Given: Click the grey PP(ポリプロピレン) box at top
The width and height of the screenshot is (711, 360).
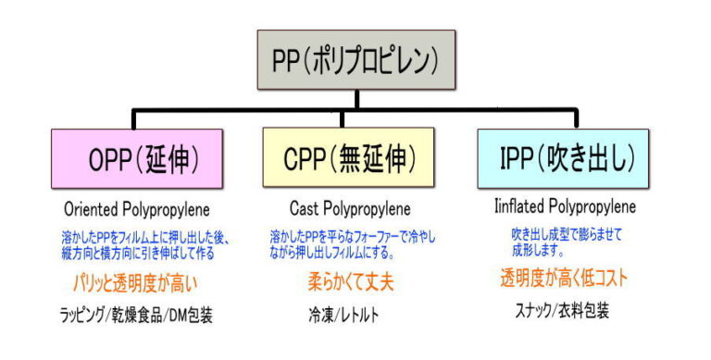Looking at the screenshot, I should [x=356, y=60].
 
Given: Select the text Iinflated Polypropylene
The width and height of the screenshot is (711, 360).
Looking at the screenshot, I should [x=566, y=206].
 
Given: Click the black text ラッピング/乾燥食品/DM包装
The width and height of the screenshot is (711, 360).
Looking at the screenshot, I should [x=138, y=315].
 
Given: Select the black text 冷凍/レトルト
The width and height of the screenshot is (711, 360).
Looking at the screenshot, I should [x=343, y=315].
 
